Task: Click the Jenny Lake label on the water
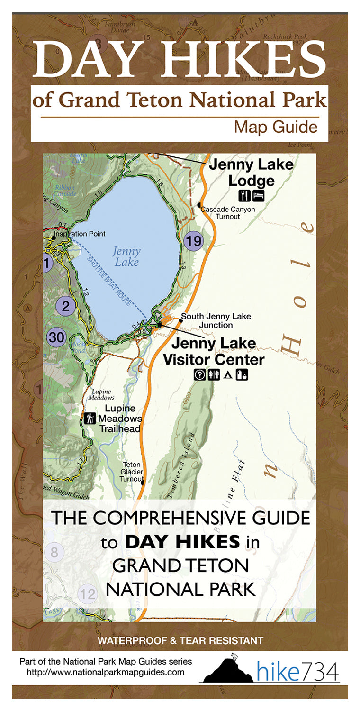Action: click(126, 256)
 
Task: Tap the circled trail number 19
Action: click(193, 241)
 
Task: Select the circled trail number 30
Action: click(57, 337)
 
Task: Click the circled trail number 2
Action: click(66, 306)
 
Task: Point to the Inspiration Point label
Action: click(79, 234)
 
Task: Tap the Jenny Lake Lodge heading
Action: click(251, 173)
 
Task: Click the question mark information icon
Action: click(200, 375)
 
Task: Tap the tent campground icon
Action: click(227, 375)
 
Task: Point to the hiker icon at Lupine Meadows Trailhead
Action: click(90, 418)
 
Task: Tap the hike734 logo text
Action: click(298, 672)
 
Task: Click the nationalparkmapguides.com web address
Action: click(106, 672)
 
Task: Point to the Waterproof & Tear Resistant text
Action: click(180, 641)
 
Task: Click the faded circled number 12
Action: click(88, 593)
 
